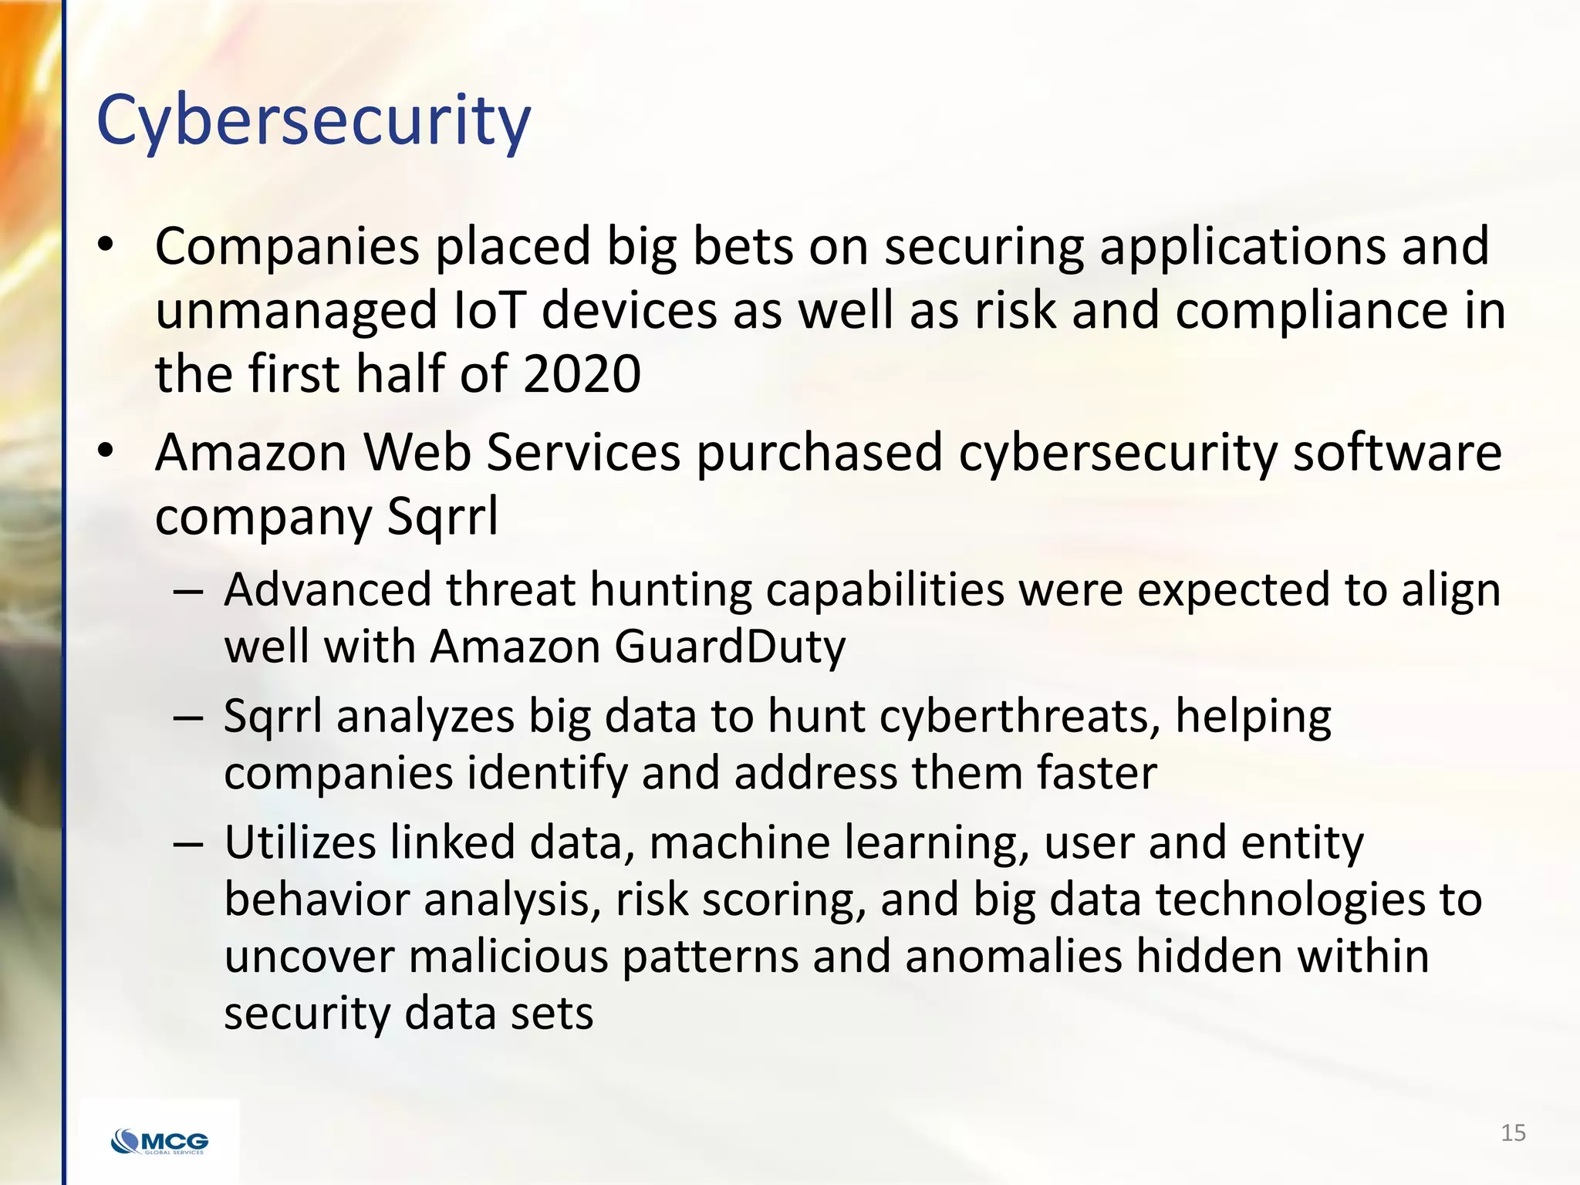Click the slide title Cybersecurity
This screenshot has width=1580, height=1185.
313,121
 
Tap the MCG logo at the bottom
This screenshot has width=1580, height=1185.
160,1141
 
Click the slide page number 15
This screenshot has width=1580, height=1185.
1513,1133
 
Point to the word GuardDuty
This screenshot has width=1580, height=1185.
730,646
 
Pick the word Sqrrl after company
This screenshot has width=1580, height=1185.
442,516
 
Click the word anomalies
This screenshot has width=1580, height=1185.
1013,956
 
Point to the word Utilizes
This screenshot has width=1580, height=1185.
299,842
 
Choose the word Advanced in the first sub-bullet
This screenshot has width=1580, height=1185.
327,590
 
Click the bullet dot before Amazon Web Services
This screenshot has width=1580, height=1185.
106,450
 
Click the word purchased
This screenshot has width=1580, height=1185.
819,452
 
